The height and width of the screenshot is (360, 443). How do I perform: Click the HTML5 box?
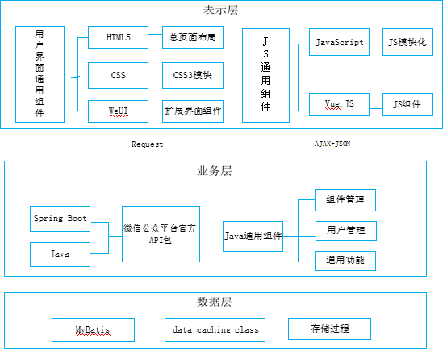point(118,38)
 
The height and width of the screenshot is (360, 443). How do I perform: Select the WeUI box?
point(118,111)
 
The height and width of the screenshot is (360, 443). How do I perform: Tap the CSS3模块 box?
point(193,75)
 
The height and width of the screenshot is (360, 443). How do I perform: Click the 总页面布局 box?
point(193,38)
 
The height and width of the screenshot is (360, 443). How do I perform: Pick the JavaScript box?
point(339,42)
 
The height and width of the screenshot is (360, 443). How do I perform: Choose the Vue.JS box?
point(339,105)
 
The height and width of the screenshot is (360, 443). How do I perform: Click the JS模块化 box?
point(407,42)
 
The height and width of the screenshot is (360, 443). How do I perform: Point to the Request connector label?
point(147,144)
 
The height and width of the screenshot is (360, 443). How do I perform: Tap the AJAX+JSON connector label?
point(332,144)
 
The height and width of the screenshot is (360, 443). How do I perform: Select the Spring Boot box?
point(61,219)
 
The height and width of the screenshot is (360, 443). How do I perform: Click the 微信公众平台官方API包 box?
point(161,234)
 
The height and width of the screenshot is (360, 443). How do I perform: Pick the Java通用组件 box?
point(253,237)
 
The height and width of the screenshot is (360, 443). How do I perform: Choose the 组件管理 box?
point(345,200)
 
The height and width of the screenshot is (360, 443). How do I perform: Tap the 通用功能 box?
point(345,261)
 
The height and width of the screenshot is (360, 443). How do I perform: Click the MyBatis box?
point(93,330)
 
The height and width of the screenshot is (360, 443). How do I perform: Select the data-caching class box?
point(215,330)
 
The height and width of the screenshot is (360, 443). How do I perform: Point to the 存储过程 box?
point(329,329)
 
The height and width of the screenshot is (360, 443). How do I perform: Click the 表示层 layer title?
point(220,10)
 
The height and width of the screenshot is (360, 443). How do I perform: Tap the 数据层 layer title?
point(215,302)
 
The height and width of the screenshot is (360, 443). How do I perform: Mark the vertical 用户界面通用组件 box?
point(40,74)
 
